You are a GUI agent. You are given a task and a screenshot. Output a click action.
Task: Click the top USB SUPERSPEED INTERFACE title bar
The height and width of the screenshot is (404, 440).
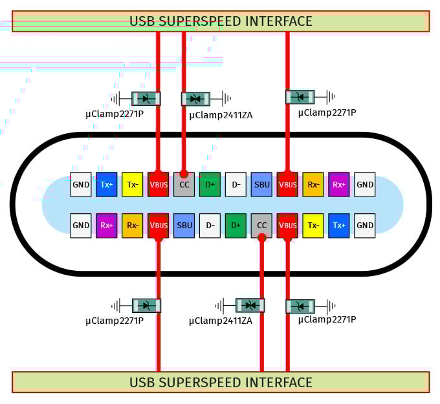point(221,21)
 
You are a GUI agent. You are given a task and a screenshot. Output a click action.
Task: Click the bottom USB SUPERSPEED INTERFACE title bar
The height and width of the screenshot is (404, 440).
point(221,382)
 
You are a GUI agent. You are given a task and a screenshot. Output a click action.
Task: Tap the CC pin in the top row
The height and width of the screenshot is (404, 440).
point(184,185)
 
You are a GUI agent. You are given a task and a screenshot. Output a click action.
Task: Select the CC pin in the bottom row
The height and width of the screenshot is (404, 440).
point(261,226)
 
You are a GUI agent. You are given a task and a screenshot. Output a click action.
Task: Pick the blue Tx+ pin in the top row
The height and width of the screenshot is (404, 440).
point(107,185)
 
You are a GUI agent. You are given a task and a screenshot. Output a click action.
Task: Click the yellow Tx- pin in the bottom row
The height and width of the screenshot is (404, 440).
point(313,226)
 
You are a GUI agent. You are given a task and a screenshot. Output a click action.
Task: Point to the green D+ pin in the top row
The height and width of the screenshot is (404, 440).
point(210,185)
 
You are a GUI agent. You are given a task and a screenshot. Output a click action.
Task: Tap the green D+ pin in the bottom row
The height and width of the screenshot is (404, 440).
point(236,226)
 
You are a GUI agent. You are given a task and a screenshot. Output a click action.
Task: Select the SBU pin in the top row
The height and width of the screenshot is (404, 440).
point(261,185)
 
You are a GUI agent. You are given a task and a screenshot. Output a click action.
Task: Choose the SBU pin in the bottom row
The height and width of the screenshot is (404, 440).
point(184,226)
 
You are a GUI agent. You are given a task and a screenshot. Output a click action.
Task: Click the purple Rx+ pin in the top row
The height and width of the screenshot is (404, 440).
point(339,185)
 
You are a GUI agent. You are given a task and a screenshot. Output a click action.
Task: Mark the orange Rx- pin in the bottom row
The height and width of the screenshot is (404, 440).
point(133,226)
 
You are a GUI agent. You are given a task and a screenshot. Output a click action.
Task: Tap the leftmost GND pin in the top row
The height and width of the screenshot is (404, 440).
point(81,185)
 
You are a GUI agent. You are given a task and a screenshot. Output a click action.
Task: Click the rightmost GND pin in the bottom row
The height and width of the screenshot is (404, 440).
point(365,226)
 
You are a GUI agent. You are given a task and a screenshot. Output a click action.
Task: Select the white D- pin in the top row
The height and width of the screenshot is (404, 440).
point(236,185)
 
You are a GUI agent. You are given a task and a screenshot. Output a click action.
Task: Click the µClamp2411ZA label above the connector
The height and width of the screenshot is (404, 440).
point(221,115)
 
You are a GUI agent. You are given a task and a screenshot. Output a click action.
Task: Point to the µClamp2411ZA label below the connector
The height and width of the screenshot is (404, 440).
point(221,321)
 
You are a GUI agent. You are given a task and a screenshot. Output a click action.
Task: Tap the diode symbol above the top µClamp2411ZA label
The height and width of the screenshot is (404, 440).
point(195,99)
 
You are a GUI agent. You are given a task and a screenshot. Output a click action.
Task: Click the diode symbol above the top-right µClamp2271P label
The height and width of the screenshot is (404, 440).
point(300,97)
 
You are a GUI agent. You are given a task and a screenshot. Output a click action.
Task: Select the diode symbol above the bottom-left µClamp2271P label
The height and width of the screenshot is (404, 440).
point(146,305)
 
